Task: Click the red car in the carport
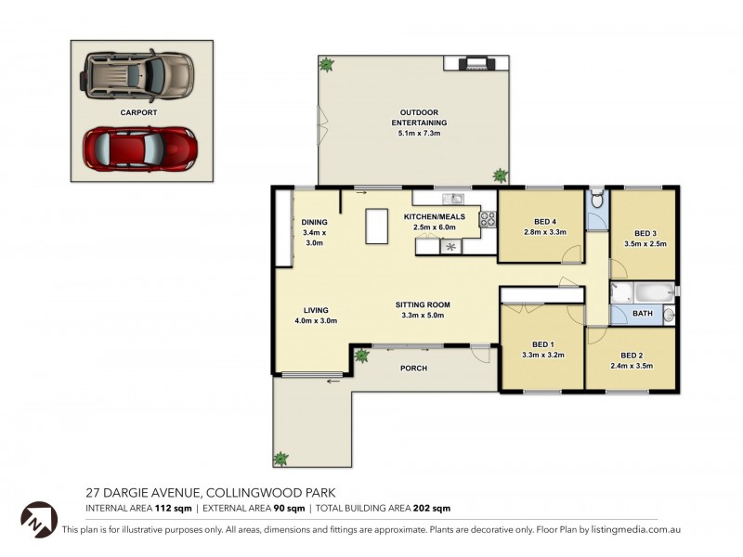point(140,149)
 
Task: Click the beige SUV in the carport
point(137,76)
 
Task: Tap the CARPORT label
point(138,112)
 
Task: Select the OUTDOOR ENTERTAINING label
point(419,118)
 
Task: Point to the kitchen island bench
point(377,227)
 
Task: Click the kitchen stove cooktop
point(488,219)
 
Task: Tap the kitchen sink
point(453,198)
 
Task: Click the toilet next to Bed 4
point(597,199)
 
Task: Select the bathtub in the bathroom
point(654,293)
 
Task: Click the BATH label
point(643,314)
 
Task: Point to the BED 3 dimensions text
point(645,244)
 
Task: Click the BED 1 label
point(543,344)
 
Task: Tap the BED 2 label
point(632,356)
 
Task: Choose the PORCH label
point(413,368)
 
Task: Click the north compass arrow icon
point(39,520)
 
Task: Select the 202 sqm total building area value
point(432,508)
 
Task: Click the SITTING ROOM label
point(423,305)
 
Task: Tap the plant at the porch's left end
point(362,356)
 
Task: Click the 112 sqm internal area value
point(173,508)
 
